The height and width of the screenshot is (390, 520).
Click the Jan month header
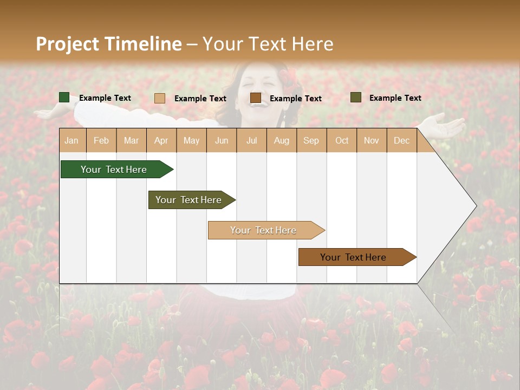pyautogui.click(x=71, y=140)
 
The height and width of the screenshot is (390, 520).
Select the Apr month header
pyautogui.click(x=161, y=140)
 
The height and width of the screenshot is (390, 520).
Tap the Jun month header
pyautogui.click(x=222, y=140)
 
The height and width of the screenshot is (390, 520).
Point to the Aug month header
pyautogui.click(x=282, y=140)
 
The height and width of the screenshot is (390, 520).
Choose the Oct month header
pyautogui.click(x=342, y=140)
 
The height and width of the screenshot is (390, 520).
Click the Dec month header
pyautogui.click(x=401, y=140)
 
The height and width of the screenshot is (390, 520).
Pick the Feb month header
pyautogui.click(x=101, y=140)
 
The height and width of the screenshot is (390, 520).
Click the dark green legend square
pyautogui.click(x=64, y=97)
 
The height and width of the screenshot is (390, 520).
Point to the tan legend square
pyautogui.click(x=160, y=98)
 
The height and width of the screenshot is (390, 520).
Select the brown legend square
pyautogui.click(x=256, y=98)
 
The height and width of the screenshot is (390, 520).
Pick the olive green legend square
pyautogui.click(x=356, y=97)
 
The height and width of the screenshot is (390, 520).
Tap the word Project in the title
pyautogui.click(x=68, y=44)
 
